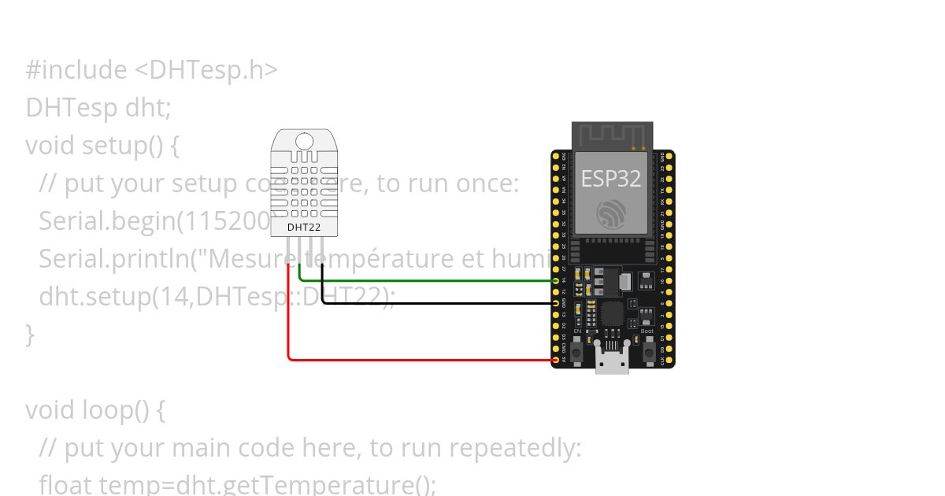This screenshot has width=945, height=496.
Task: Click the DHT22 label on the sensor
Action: pos(303,227)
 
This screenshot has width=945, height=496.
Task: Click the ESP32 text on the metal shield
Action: pos(611,179)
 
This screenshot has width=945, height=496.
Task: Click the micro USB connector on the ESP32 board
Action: pos(612,363)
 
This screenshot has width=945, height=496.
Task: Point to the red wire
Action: pos(417,360)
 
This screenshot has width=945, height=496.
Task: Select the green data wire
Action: pos(425,280)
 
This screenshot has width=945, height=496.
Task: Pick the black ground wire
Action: pos(433,303)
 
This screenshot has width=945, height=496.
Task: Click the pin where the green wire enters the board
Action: pos(556,280)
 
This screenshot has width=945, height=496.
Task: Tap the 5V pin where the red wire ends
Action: pos(556,360)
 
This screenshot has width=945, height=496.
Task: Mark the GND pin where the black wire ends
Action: pos(556,303)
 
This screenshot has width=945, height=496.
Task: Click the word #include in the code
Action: pos(76,70)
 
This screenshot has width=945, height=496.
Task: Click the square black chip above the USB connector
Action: pos(612,314)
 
